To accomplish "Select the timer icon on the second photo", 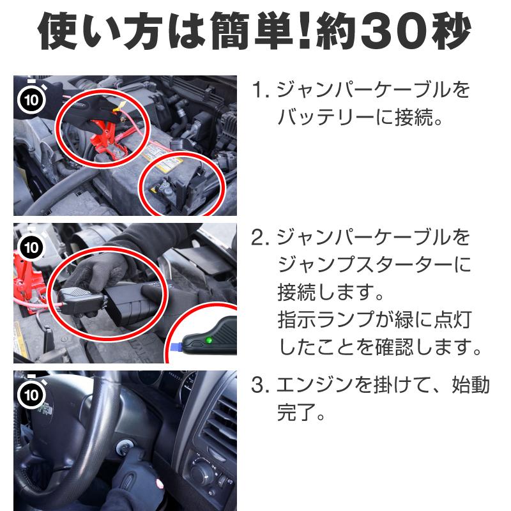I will click(x=30, y=246).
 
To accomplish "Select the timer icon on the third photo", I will click(x=30, y=393).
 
